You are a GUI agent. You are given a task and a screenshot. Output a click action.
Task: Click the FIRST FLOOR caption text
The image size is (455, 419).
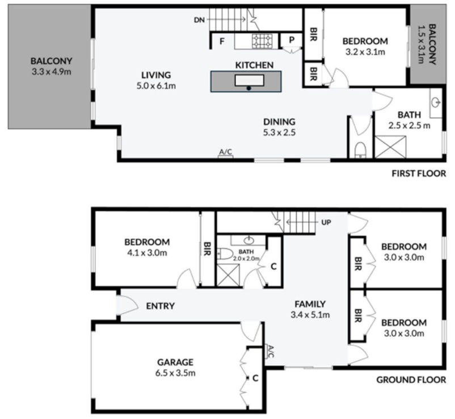click(419, 174)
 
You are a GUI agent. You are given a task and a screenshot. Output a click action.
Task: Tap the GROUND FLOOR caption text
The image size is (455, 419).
click(411, 380)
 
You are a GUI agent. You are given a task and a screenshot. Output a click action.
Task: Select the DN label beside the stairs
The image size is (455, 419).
click(199, 20)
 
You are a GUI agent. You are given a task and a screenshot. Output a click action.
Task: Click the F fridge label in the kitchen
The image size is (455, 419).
click(222, 40)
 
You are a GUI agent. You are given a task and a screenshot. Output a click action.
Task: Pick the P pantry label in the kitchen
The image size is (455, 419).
click(292, 40)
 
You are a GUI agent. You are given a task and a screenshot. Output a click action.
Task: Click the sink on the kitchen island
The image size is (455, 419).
click(249, 80)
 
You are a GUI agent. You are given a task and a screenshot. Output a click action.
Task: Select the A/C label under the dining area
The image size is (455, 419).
click(225, 152)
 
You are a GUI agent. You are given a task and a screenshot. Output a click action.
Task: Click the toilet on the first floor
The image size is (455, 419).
click(359, 149)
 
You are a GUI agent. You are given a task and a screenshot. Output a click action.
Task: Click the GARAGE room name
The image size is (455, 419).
click(176, 362)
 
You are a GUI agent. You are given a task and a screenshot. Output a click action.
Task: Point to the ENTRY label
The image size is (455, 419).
click(160, 306)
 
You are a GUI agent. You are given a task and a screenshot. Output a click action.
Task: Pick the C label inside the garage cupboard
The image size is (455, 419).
click(256, 378)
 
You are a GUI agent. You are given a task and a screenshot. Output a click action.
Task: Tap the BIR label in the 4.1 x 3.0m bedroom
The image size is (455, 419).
click(208, 249)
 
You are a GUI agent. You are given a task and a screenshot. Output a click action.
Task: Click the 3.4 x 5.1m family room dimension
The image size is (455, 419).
click(310, 315)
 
